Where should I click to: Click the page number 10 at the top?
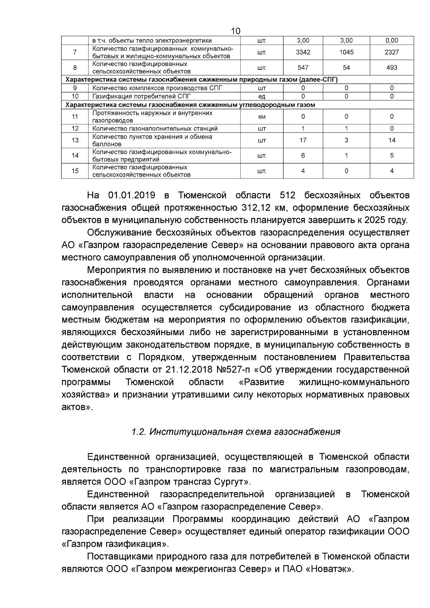click(x=235, y=31)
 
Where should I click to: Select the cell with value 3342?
click(x=303, y=52)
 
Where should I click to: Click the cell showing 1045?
click(x=346, y=52)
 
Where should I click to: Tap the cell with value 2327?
click(x=392, y=52)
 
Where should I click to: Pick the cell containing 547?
click(x=303, y=68)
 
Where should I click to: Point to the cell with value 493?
click(x=392, y=68)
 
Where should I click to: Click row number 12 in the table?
click(x=75, y=129)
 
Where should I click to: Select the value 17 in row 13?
click(x=303, y=140)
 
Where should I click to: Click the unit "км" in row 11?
click(x=262, y=117)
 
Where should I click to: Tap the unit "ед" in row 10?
click(x=262, y=96)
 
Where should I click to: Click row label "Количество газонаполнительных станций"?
click(x=155, y=129)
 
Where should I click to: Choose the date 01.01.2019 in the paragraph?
click(x=131, y=195)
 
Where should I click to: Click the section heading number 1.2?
click(x=138, y=432)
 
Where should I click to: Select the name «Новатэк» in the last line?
click(x=329, y=569)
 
